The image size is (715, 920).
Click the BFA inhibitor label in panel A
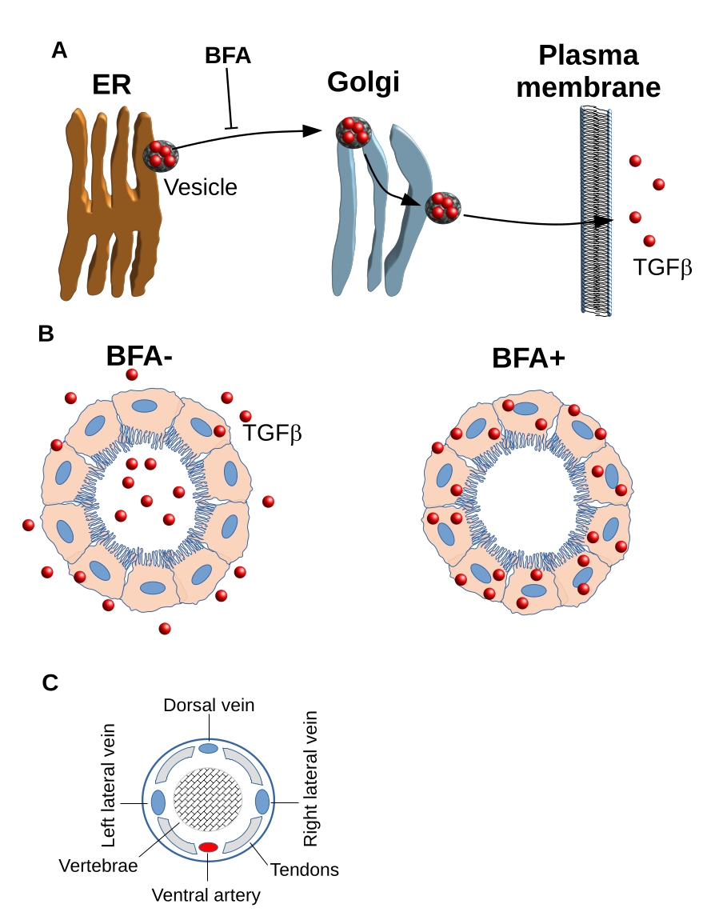tap(228, 56)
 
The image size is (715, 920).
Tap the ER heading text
tap(111, 85)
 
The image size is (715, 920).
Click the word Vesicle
tap(201, 187)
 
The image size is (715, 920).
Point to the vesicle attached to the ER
tap(160, 155)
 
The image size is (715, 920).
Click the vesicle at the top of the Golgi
tap(354, 132)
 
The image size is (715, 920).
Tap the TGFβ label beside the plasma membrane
tap(662, 267)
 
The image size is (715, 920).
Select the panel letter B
tap(46, 334)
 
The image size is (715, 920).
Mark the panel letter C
tap(50, 682)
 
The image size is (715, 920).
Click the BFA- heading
tap(141, 355)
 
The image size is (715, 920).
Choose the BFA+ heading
tap(529, 358)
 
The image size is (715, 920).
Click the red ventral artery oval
tap(209, 847)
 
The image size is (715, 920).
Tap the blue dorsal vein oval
tap(208, 748)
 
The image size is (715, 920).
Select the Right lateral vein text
tap(310, 778)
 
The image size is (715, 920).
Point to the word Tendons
tap(305, 870)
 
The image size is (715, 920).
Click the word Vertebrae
tap(99, 866)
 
